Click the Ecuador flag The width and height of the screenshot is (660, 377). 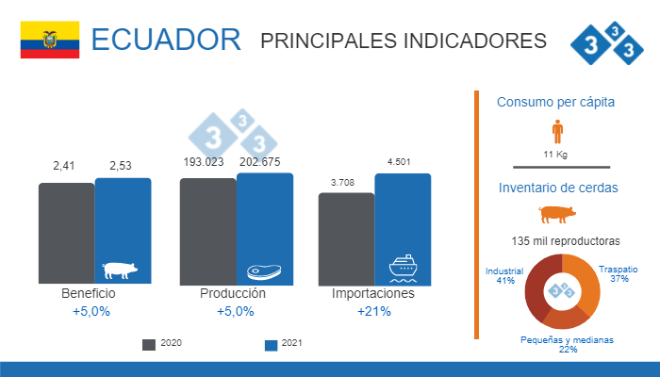click(x=50, y=41)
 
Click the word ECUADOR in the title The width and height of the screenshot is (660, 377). click(x=166, y=41)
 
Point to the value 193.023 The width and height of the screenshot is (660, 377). click(x=206, y=161)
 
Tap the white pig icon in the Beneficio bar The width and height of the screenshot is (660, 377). click(x=120, y=270)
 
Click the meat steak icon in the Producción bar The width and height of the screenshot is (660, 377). click(x=263, y=271)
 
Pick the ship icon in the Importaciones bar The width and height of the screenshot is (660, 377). click(x=404, y=268)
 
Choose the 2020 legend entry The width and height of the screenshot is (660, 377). click(x=161, y=343)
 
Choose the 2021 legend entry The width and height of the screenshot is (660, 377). click(x=284, y=343)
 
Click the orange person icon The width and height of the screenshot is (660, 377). click(x=557, y=133)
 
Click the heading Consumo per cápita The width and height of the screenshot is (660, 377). click(x=556, y=102)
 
